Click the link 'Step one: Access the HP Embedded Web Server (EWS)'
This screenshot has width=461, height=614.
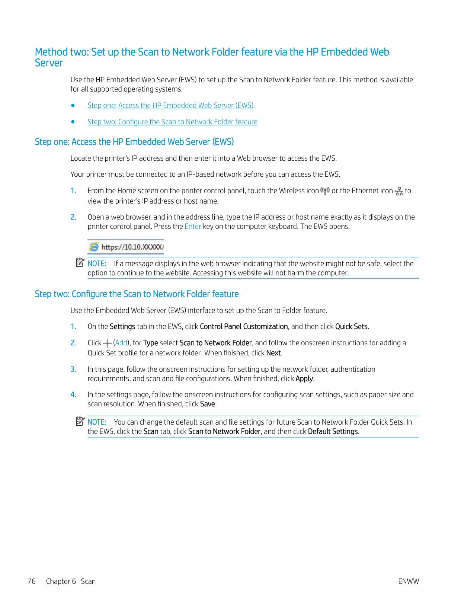tap(170, 106)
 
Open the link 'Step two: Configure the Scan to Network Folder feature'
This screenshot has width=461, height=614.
tap(172, 122)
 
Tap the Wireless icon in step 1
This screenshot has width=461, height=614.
tap(325, 191)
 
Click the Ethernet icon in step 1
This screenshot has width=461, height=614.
tap(399, 191)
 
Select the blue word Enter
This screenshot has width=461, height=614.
tap(193, 227)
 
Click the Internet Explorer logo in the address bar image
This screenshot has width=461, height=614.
tap(94, 247)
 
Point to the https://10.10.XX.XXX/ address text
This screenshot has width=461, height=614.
tap(132, 247)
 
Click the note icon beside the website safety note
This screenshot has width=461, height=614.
tap(80, 263)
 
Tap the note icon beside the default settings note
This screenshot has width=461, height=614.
tap(80, 421)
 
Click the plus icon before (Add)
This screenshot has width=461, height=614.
tap(107, 343)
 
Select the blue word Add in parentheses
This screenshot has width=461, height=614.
tap(121, 343)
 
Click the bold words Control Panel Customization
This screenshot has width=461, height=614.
tap(244, 327)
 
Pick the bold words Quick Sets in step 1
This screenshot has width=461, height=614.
tap(351, 327)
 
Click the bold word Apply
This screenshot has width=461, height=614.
tap(304, 379)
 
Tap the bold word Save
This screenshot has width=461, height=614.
tap(207, 404)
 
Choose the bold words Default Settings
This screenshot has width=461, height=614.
tap(333, 432)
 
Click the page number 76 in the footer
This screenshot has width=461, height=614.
tap(32, 582)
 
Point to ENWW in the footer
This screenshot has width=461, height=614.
tap(408, 582)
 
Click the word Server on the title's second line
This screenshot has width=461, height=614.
tap(49, 63)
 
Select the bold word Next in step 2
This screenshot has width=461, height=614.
tap(273, 353)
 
